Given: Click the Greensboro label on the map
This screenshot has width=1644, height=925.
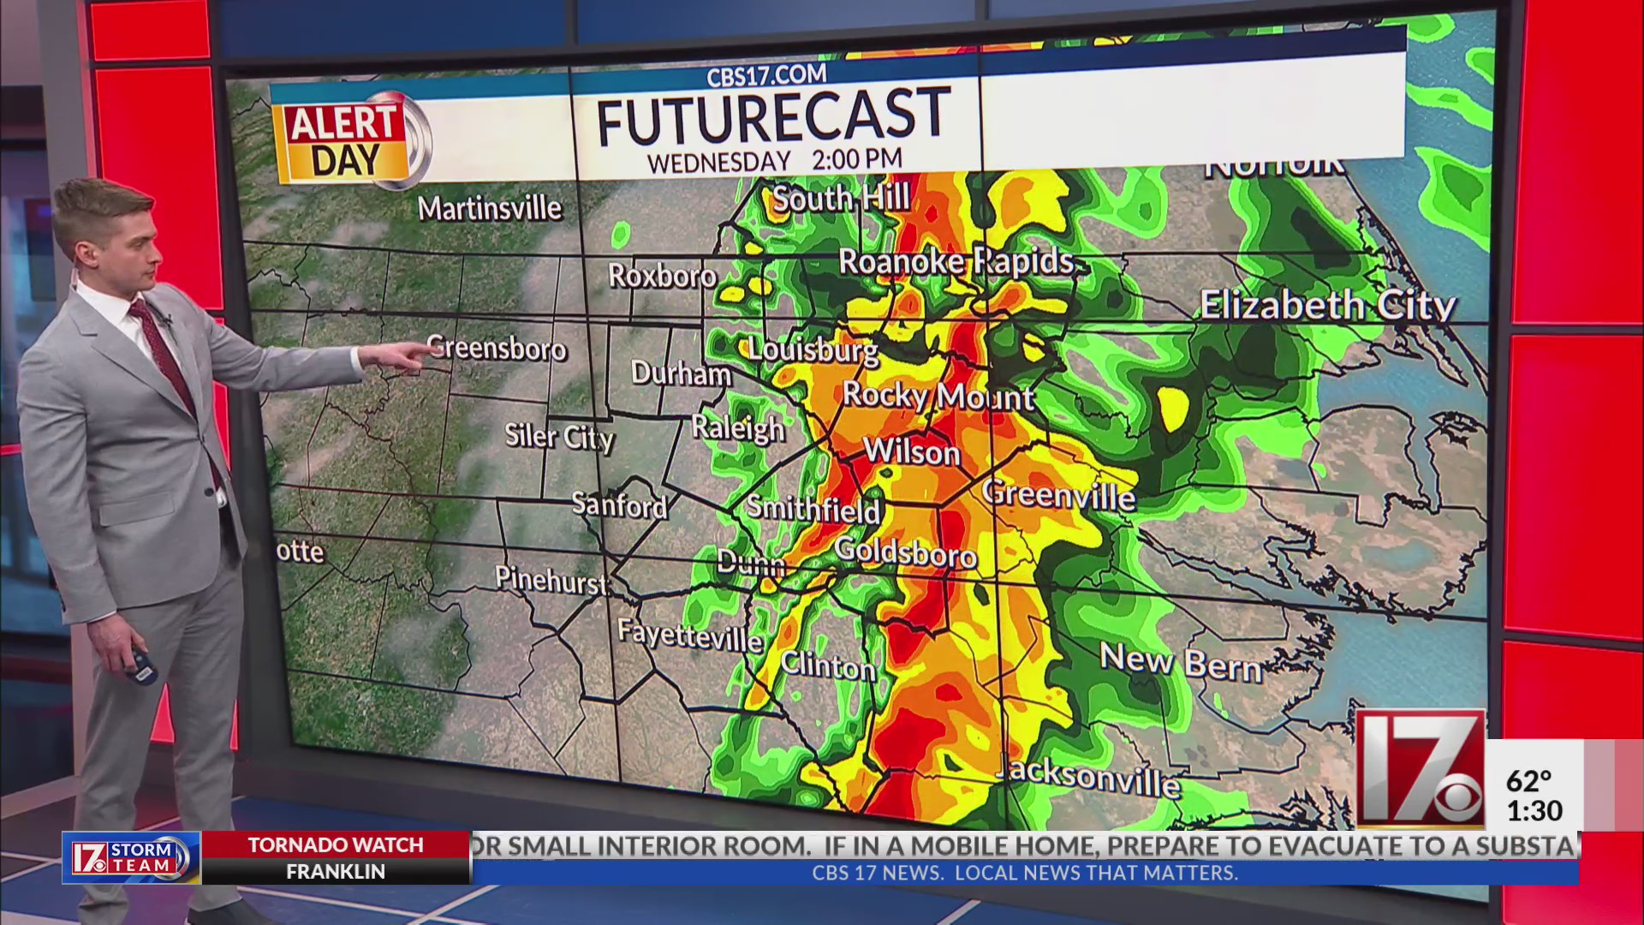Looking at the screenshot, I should (x=497, y=349).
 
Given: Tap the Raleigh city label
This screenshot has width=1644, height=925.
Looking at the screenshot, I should (x=738, y=427).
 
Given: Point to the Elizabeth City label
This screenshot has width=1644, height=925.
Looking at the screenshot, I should (x=1327, y=306).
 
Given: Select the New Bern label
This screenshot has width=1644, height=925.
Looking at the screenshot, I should (x=1181, y=662).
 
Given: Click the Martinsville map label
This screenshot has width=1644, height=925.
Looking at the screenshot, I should (x=490, y=208).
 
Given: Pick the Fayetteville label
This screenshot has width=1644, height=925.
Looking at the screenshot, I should (x=689, y=636).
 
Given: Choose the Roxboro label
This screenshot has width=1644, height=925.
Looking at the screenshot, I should (x=662, y=276).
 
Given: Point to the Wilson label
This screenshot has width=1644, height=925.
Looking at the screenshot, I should (x=912, y=451).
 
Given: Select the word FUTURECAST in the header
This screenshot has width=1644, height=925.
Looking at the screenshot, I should (x=773, y=116).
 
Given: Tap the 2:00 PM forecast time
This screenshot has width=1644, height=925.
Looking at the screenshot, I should (x=857, y=159).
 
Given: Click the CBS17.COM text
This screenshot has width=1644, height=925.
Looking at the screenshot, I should (x=766, y=76).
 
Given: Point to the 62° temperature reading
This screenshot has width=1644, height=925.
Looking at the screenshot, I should (x=1528, y=781).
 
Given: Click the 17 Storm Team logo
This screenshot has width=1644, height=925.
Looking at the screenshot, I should (x=131, y=857).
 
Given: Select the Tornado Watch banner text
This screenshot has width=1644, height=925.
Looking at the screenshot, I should (x=336, y=845).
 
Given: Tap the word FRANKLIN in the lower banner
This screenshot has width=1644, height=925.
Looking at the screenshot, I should (x=336, y=872).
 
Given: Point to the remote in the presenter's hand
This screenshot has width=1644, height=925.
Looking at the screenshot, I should (x=142, y=665).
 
